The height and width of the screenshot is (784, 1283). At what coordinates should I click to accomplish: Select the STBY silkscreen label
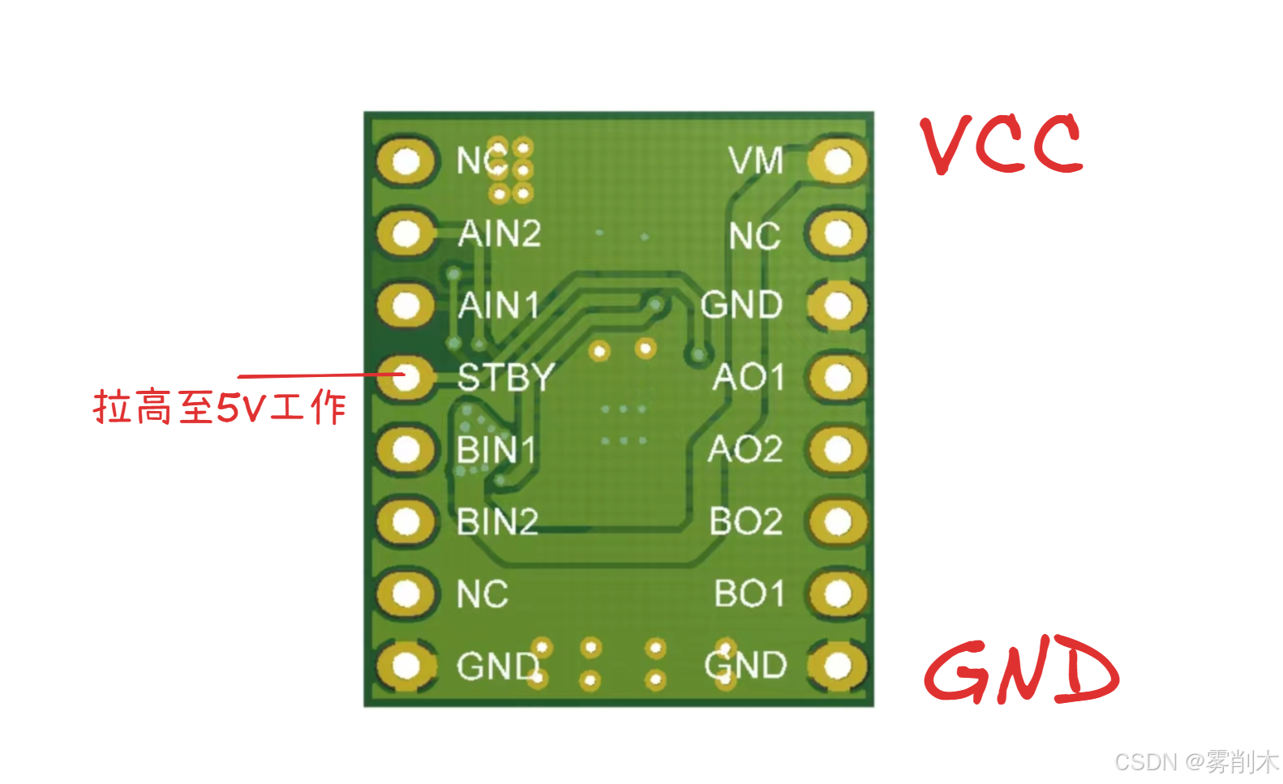coord(505,378)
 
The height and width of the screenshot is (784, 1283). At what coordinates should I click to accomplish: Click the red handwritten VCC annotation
coord(1002,144)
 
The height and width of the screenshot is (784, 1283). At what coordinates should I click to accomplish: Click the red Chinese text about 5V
coord(220,406)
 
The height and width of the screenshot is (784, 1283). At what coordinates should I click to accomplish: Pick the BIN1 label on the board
coord(496,450)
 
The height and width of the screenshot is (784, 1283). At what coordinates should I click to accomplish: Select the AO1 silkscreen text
coord(749,378)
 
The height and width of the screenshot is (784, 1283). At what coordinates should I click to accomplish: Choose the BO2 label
coord(746,521)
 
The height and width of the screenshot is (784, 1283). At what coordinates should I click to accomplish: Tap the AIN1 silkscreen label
coord(499,306)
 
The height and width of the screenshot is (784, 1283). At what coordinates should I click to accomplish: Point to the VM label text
coord(756,161)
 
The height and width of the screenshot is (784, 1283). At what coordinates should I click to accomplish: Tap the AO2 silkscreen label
coord(745,450)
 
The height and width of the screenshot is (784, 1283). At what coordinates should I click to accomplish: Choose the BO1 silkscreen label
coord(749,593)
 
